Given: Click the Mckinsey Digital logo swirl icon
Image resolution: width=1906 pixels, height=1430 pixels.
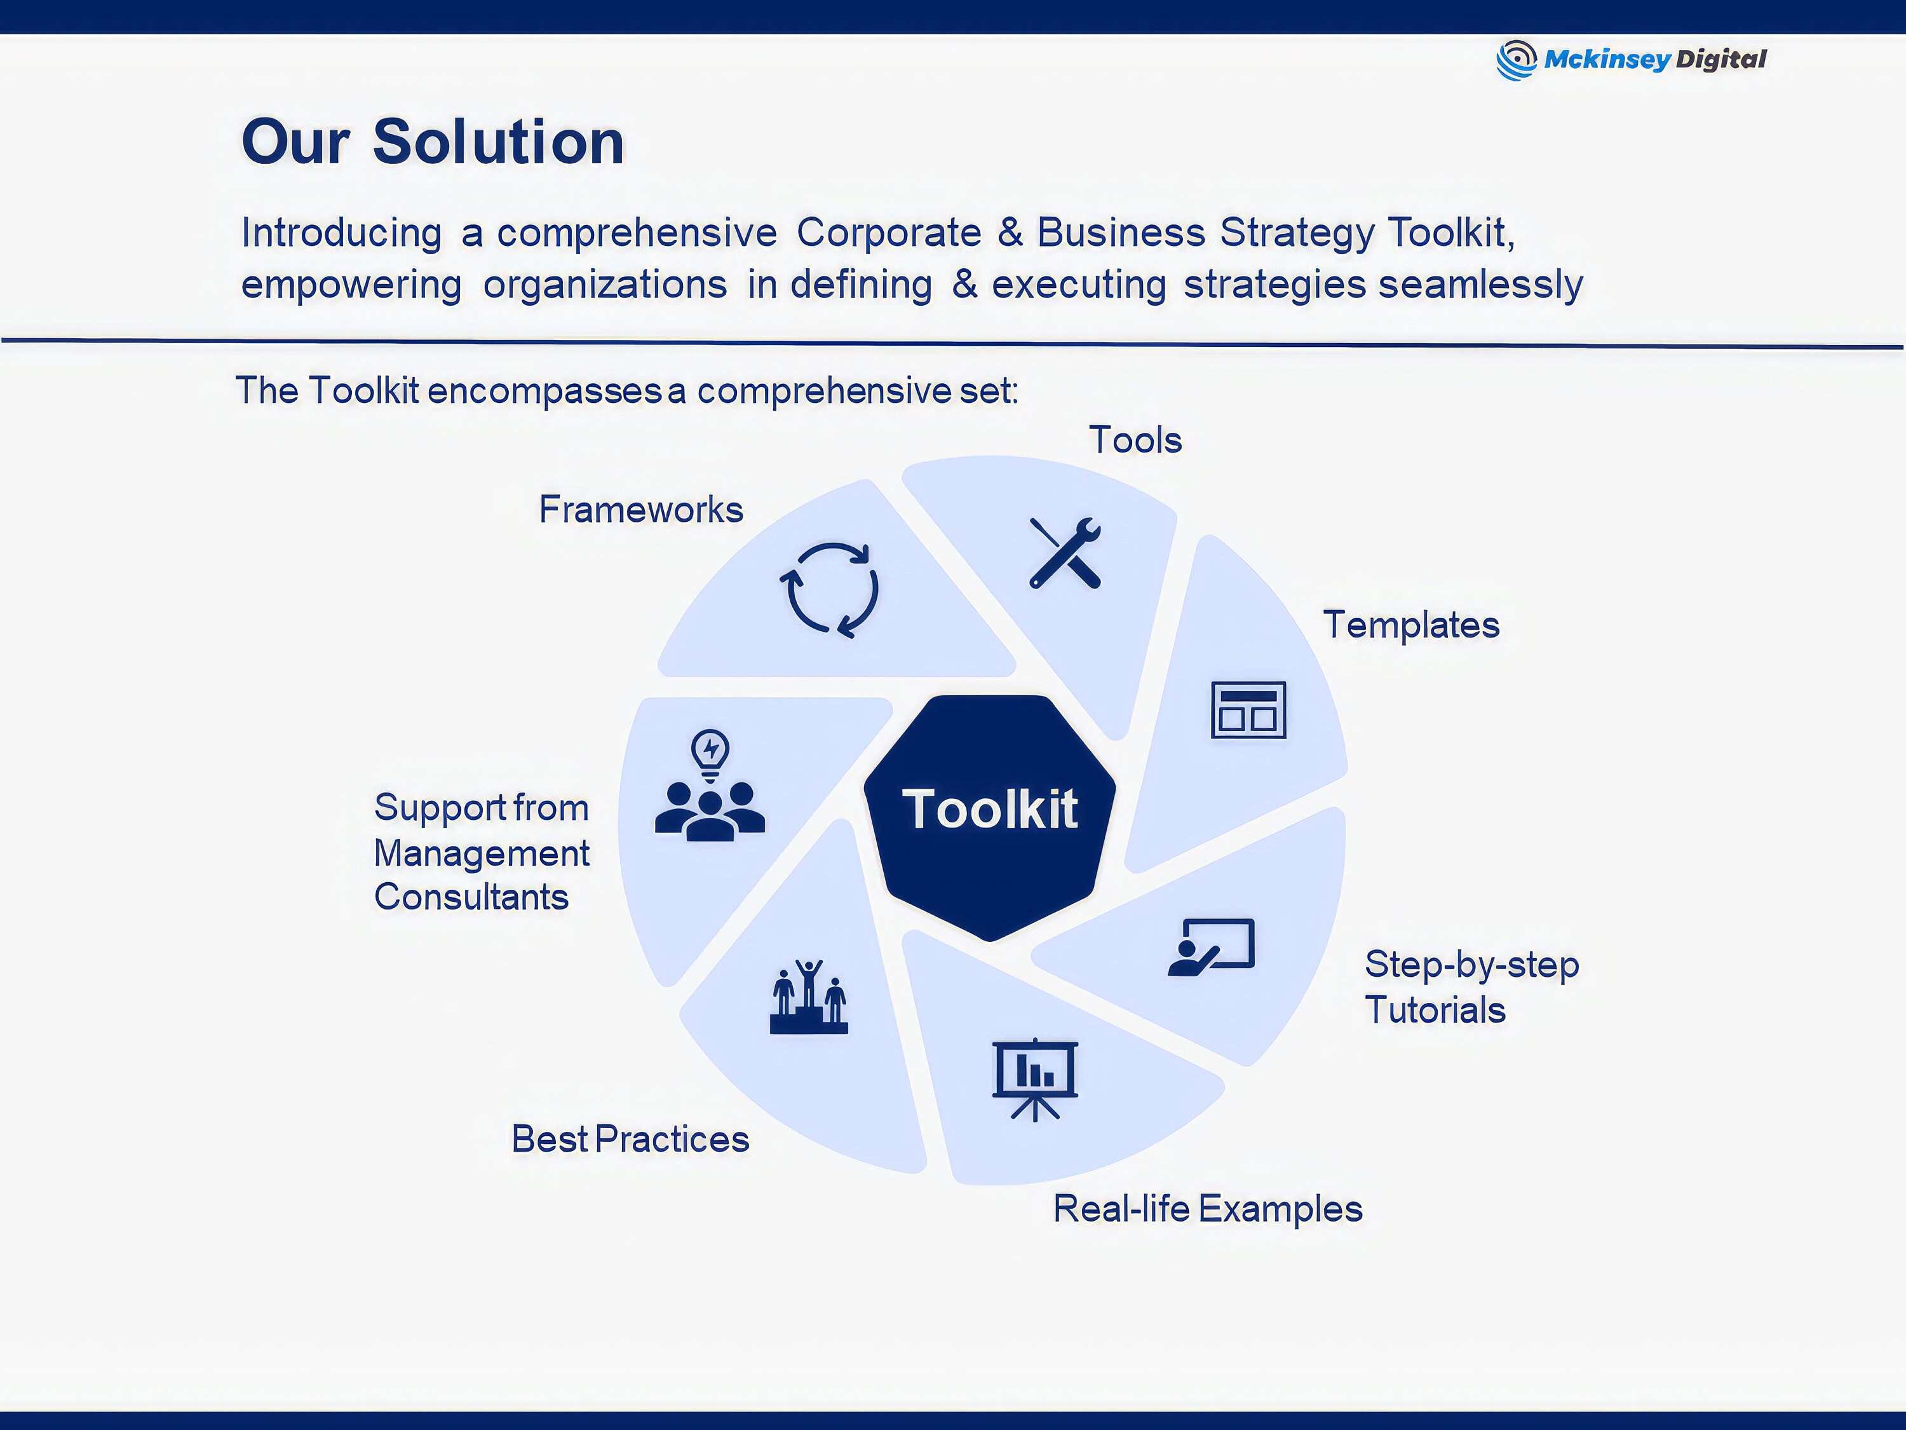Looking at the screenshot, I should [1516, 60].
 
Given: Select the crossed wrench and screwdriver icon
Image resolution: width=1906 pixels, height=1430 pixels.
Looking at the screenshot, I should [1065, 552].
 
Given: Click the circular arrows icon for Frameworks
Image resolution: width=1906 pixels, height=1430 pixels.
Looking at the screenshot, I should [829, 590].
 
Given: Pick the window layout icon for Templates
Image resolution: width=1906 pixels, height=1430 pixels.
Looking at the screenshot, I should [1248, 711].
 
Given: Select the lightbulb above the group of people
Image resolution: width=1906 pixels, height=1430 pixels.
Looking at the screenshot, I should [710, 753].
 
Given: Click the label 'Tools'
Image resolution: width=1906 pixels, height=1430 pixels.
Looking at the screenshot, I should [1135, 440].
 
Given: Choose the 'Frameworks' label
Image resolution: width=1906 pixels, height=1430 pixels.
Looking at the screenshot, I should [641, 510].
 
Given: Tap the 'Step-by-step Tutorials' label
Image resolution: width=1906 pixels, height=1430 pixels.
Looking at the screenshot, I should [1471, 988].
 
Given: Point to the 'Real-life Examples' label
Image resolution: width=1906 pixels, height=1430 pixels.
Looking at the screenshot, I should [1207, 1209].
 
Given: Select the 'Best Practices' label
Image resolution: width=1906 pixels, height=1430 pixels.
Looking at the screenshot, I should [630, 1140].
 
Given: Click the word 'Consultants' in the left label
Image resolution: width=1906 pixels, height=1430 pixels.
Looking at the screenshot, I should [471, 897].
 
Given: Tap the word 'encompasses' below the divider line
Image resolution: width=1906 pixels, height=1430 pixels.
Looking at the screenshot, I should [544, 392].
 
